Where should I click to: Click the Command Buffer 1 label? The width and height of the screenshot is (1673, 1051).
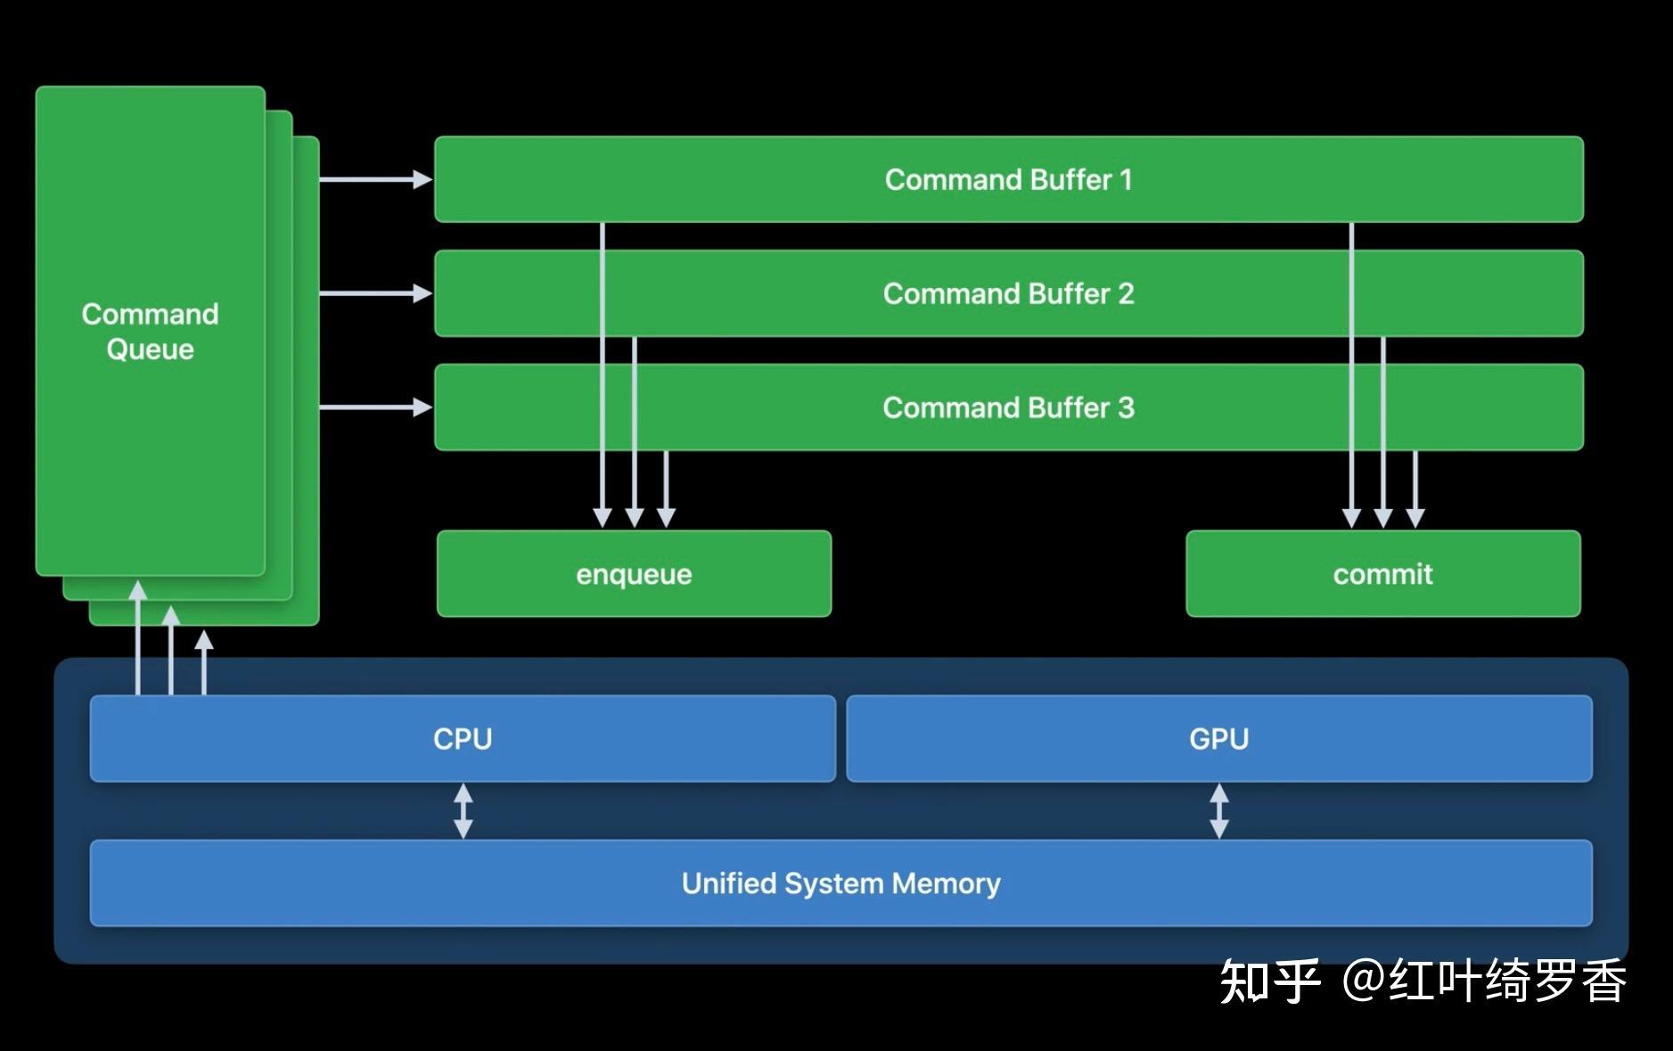pyautogui.click(x=1008, y=179)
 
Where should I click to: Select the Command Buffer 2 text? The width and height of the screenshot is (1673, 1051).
pyautogui.click(x=1008, y=293)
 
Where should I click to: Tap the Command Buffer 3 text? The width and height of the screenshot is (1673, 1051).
pyautogui.click(x=1008, y=407)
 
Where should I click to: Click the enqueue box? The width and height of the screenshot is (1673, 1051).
pyautogui.click(x=634, y=573)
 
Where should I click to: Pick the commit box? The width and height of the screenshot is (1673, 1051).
pyautogui.click(x=1382, y=573)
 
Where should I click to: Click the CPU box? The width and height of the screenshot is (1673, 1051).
pyautogui.click(x=463, y=738)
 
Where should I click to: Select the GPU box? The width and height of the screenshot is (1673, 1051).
pyautogui.click(x=1218, y=738)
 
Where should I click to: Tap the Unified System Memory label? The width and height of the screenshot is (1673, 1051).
pyautogui.click(x=841, y=883)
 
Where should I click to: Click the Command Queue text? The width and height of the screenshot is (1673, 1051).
pyautogui.click(x=150, y=331)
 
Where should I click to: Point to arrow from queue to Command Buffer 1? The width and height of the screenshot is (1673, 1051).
pyautogui.click(x=374, y=179)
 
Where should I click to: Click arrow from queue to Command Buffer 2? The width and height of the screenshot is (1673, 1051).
pyautogui.click(x=374, y=293)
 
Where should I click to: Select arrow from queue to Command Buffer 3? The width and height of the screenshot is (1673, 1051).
pyautogui.click(x=374, y=407)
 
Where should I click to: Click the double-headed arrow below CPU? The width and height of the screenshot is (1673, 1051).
pyautogui.click(x=463, y=810)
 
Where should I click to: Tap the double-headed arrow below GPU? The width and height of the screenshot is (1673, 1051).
pyautogui.click(x=1218, y=810)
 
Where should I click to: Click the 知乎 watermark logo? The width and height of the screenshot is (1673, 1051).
pyautogui.click(x=1269, y=981)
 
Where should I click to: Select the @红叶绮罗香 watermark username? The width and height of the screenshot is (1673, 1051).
pyautogui.click(x=1484, y=981)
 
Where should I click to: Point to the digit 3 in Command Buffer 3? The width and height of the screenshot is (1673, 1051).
pyautogui.click(x=1126, y=407)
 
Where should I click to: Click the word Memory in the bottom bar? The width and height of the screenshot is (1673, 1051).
pyautogui.click(x=946, y=883)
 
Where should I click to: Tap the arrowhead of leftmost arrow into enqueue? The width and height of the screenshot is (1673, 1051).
pyautogui.click(x=603, y=518)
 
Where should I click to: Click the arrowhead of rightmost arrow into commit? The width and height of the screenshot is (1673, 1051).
pyautogui.click(x=1415, y=518)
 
